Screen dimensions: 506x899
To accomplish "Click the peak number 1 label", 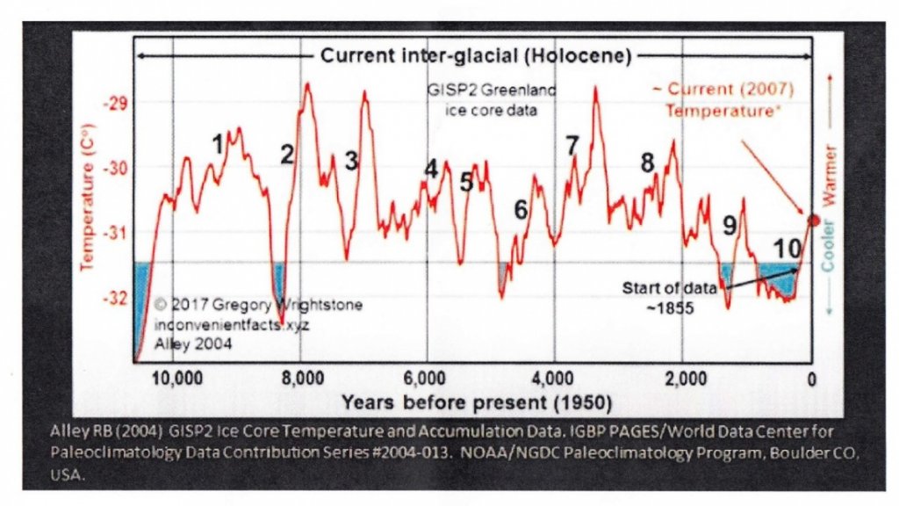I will click(x=218, y=145).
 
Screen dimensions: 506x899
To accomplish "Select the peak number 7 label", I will click(x=572, y=145).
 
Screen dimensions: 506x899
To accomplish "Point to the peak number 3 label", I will click(x=351, y=161).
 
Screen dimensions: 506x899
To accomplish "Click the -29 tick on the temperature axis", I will click(x=115, y=104).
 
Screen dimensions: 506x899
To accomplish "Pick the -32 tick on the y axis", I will click(x=115, y=299).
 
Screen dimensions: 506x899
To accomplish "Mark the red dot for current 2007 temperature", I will click(x=813, y=220).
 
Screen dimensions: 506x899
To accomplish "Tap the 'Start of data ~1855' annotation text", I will click(x=672, y=298).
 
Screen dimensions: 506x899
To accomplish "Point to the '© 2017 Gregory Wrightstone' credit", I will click(x=258, y=306).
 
